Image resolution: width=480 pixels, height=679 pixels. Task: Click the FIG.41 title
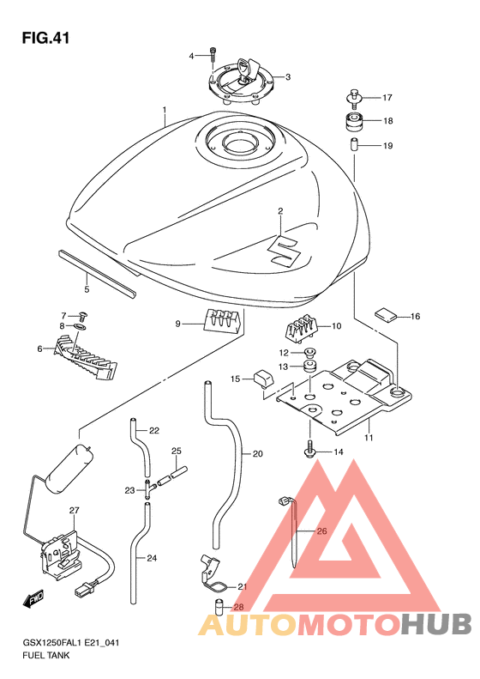click(x=45, y=38)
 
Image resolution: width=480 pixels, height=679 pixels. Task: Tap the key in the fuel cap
click(x=248, y=70)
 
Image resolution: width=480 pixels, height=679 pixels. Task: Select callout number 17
click(x=387, y=98)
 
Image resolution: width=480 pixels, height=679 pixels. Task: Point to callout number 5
click(x=87, y=288)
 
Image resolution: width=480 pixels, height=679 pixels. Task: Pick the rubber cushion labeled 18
click(x=355, y=121)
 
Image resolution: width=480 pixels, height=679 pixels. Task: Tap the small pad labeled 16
click(x=385, y=315)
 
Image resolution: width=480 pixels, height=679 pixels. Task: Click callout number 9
click(x=177, y=324)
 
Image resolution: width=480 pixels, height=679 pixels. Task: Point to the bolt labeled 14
click(x=310, y=448)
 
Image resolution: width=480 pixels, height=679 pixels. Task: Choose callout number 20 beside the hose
click(x=258, y=454)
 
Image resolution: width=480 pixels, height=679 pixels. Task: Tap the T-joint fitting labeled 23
click(x=147, y=489)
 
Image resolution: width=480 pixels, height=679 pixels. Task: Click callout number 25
click(x=176, y=451)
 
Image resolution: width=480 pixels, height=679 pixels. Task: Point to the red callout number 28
click(x=238, y=608)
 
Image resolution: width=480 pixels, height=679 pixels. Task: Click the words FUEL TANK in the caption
click(x=45, y=655)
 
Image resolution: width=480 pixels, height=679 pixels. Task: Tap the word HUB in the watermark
click(x=436, y=624)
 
